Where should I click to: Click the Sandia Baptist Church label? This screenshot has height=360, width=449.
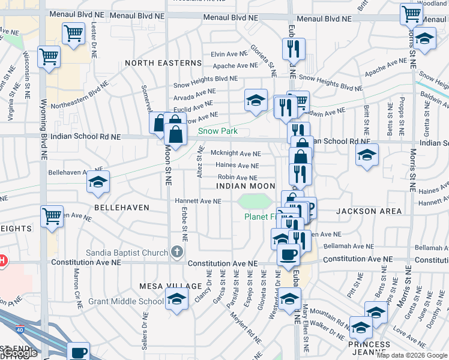point(127,253)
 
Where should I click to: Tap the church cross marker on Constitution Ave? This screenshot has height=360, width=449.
point(176,251)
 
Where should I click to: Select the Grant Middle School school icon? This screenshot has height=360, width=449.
point(176,299)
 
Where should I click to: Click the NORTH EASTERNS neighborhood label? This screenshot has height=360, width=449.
point(163,63)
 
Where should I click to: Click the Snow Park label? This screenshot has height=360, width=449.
point(218,131)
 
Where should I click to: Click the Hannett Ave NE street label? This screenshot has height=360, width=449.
point(198,200)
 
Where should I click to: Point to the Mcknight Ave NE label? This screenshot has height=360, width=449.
point(236,154)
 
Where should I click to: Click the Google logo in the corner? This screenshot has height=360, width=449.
point(19,353)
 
